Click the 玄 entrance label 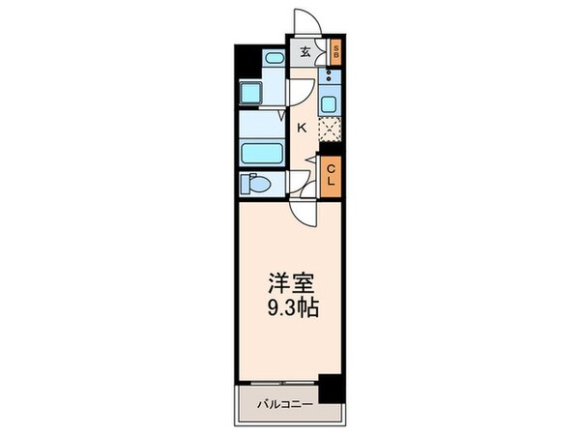(304, 53)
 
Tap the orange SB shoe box (335, 52)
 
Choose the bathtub (259, 153)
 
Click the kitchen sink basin (331, 102)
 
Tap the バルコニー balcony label (283, 405)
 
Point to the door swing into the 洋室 (303, 211)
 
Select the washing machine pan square (253, 95)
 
